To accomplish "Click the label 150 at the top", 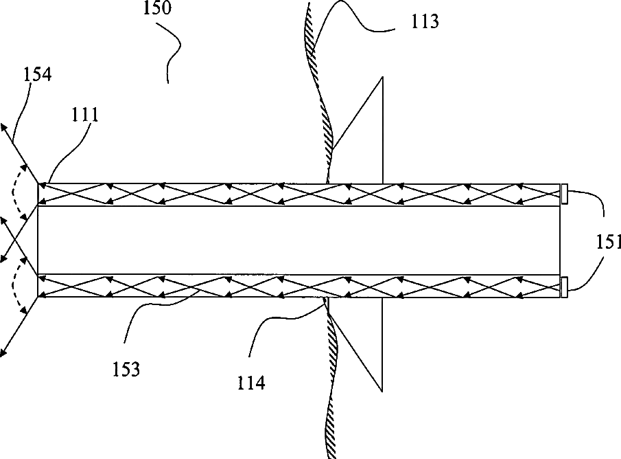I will coord(159,10).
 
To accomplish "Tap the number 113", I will coord(425,21).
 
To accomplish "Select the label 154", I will coord(37,74).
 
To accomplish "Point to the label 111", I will coord(84,115).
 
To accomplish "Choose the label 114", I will coord(251,382).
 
